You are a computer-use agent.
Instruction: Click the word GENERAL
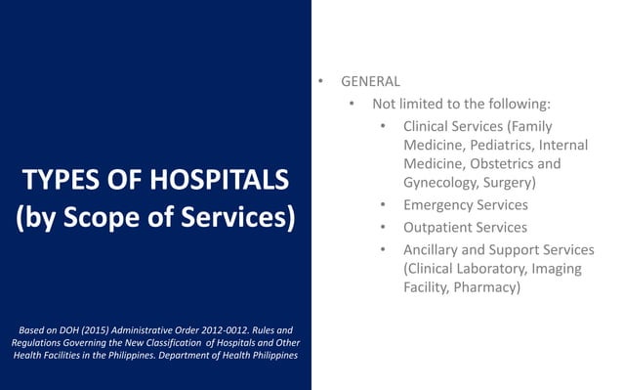[370, 82]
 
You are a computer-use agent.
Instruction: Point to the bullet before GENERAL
[317, 82]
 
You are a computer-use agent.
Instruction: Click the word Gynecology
[443, 182]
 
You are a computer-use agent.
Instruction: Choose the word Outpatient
[438, 227]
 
